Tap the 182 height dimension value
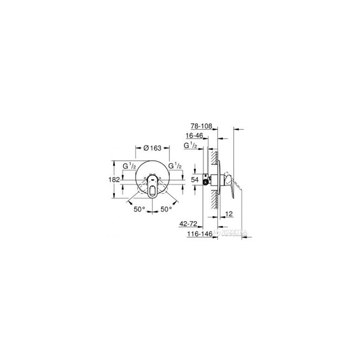[x=114, y=180]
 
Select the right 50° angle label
[x=167, y=210]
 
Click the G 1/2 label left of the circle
[x=130, y=166]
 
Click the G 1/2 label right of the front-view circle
[x=174, y=166]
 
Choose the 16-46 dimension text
[x=194, y=136]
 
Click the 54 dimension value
[x=195, y=180]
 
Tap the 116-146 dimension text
[x=196, y=234]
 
